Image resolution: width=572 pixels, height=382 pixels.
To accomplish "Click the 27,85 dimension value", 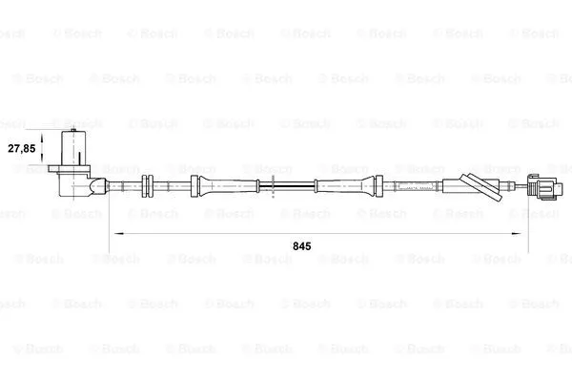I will (22, 149).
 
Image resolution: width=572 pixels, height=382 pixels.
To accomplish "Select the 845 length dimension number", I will (302, 245).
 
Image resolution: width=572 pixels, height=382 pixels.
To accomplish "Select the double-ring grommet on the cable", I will (147, 185).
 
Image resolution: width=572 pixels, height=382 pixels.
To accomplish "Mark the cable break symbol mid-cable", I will (274, 184).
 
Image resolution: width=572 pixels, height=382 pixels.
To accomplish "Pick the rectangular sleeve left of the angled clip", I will (449, 185).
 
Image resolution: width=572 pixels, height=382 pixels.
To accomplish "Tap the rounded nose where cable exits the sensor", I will (99, 184).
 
